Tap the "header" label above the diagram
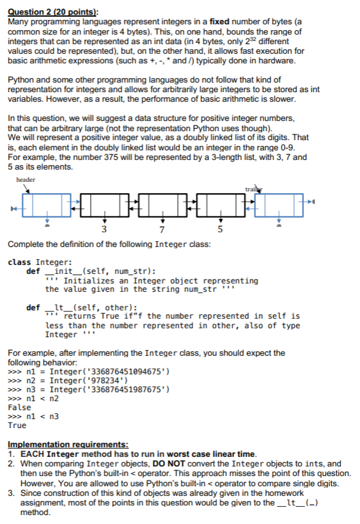[x=26, y=180]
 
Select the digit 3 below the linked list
[x=104, y=230]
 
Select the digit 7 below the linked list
[x=162, y=230]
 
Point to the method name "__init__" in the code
[x=61, y=271]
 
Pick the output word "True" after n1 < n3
[x=17, y=425]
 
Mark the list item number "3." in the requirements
[x=13, y=493]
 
